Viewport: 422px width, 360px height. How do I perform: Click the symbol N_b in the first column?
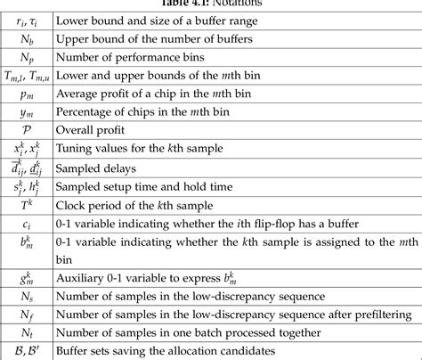(27, 39)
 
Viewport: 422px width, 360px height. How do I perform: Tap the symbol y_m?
(27, 110)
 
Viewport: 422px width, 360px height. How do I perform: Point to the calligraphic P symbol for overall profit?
(27, 127)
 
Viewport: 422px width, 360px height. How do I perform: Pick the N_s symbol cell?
(27, 296)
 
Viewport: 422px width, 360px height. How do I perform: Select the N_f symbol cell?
(27, 314)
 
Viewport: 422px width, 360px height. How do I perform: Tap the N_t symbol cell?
(27, 331)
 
